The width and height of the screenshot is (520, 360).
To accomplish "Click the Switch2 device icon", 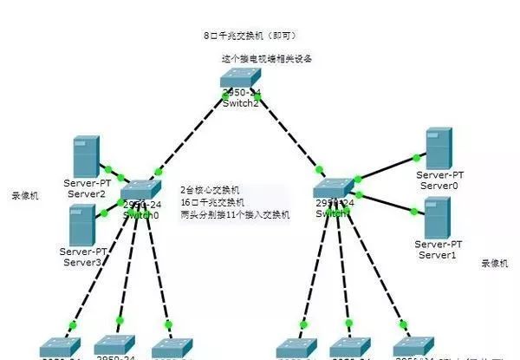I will click(238, 80).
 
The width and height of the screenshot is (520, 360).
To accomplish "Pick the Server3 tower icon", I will click(82, 225).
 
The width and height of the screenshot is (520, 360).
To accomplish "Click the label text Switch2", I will click(240, 103).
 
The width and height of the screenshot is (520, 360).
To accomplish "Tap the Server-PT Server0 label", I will click(439, 180).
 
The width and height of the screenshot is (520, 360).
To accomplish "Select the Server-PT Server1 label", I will click(439, 250).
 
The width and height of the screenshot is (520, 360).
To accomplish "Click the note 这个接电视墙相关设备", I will click(266, 59).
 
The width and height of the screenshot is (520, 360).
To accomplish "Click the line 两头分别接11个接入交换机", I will click(235, 213).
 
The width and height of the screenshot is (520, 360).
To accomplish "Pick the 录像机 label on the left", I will click(23, 196).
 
